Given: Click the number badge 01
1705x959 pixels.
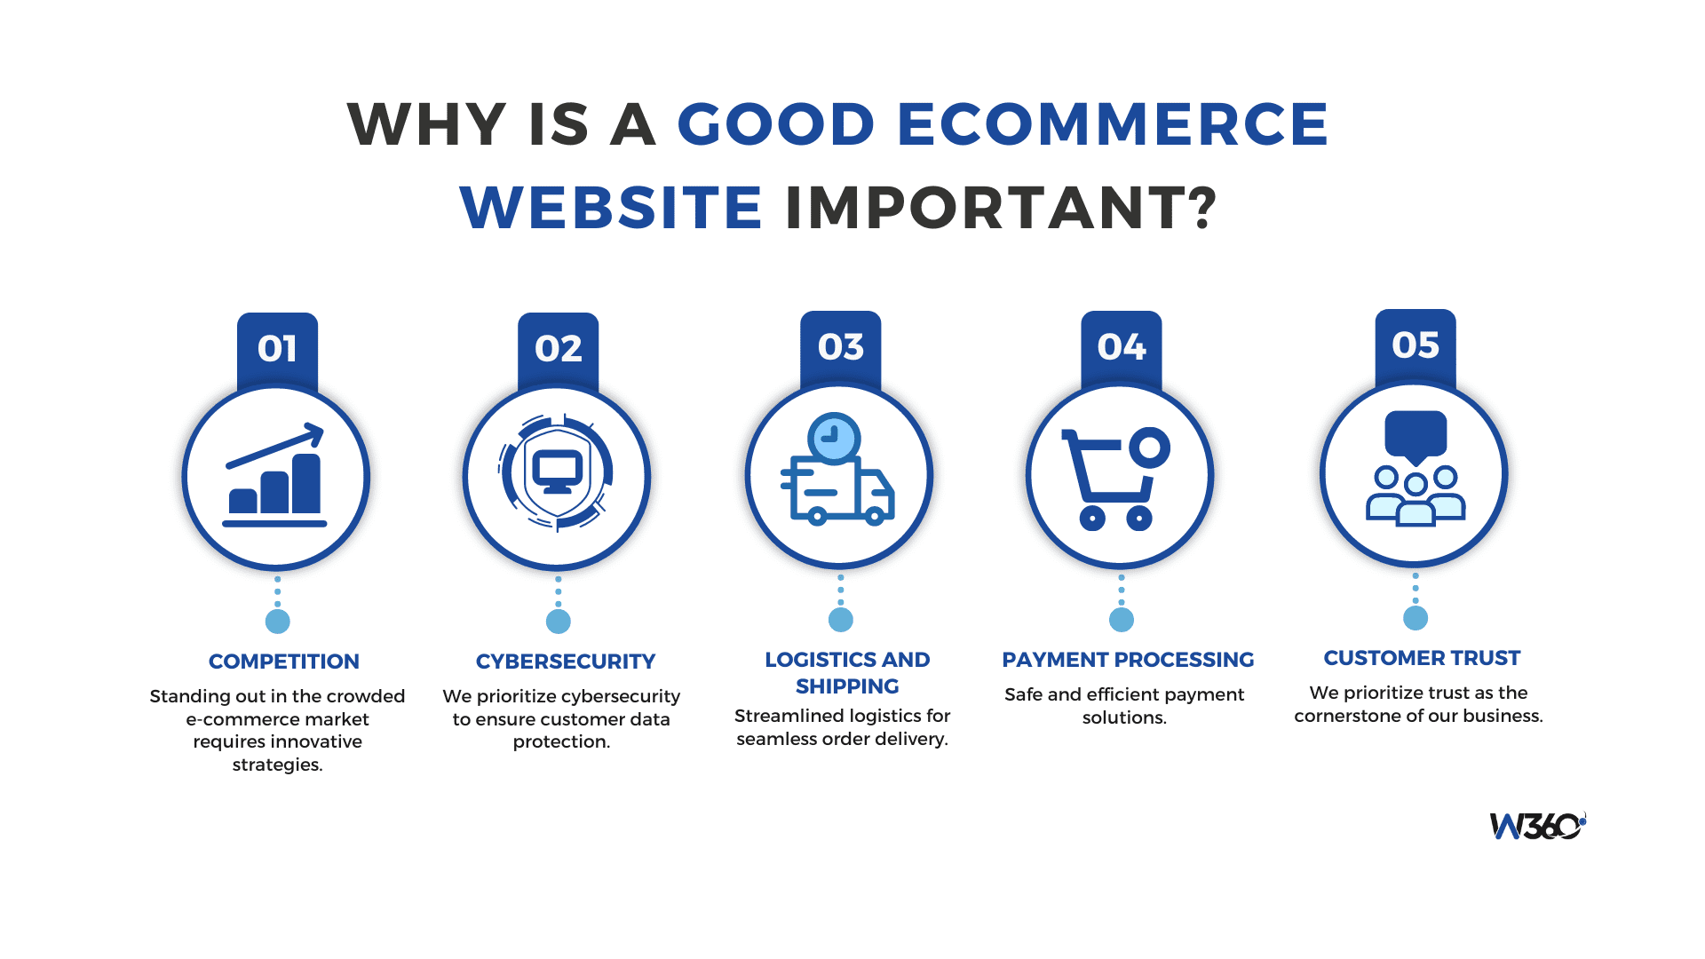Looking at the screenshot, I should pyautogui.click(x=277, y=348).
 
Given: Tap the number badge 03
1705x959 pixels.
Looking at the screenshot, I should pyautogui.click(x=840, y=346).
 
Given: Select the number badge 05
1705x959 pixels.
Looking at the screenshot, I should pyautogui.click(x=1416, y=345).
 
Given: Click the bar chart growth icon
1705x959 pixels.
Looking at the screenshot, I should pyautogui.click(x=275, y=477).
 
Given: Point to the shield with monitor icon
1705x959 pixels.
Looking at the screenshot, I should pyautogui.click(x=557, y=473).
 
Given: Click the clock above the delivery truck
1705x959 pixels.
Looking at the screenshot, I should pyautogui.click(x=833, y=437).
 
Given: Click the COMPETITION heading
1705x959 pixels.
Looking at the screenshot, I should pyautogui.click(x=284, y=662).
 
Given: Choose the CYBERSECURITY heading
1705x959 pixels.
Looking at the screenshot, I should pyautogui.click(x=566, y=662).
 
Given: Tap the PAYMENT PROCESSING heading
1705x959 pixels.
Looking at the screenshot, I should pyautogui.click(x=1128, y=660).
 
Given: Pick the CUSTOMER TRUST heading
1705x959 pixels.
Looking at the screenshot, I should pyautogui.click(x=1422, y=658).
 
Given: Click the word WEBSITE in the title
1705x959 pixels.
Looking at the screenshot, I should pyautogui.click(x=611, y=208).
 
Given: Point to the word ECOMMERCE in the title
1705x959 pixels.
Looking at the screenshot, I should pyautogui.click(x=1113, y=123).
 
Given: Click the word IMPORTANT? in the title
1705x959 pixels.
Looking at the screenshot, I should pyautogui.click(x=1001, y=208).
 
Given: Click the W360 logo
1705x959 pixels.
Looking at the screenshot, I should pyautogui.click(x=1537, y=826).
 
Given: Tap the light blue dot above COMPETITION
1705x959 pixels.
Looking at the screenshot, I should pyautogui.click(x=278, y=622).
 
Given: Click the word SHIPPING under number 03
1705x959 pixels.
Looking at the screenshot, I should pyautogui.click(x=847, y=686).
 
